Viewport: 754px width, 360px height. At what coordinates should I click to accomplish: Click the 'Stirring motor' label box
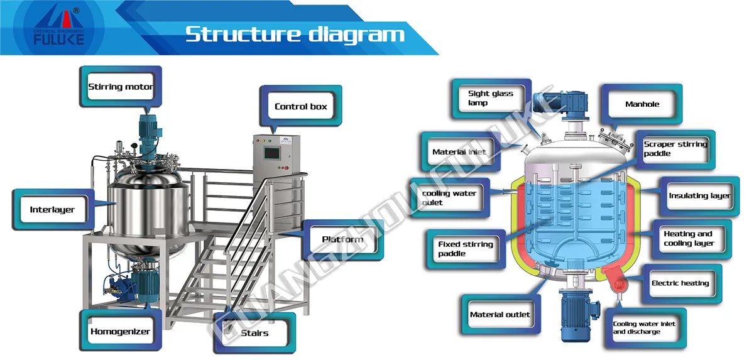pyautogui.click(x=120, y=87)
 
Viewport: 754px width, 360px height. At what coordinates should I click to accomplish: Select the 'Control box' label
pyautogui.click(x=300, y=106)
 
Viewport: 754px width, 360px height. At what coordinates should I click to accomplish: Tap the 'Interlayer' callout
pyautogui.click(x=52, y=209)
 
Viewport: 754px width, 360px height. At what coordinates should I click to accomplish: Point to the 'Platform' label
pyautogui.click(x=342, y=239)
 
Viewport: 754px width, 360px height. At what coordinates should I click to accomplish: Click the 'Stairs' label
pyautogui.click(x=254, y=333)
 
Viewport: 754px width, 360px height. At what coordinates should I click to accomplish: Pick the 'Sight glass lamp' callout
pyautogui.click(x=490, y=98)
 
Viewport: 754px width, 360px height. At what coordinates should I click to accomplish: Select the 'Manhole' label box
pyautogui.click(x=642, y=104)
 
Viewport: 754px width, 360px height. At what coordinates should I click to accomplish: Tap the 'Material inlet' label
pyautogui.click(x=459, y=152)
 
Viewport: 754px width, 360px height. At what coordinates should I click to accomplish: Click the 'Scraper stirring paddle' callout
pyautogui.click(x=675, y=149)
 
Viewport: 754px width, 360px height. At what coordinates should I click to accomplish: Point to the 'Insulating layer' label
pyautogui.click(x=699, y=196)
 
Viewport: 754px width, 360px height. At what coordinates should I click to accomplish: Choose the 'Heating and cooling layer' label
pyautogui.click(x=689, y=239)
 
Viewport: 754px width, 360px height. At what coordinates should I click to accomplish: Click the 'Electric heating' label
pyautogui.click(x=680, y=283)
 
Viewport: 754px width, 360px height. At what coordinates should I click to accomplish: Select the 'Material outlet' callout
pyautogui.click(x=500, y=315)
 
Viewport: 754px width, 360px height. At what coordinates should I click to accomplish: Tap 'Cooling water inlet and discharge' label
pyautogui.click(x=643, y=327)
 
